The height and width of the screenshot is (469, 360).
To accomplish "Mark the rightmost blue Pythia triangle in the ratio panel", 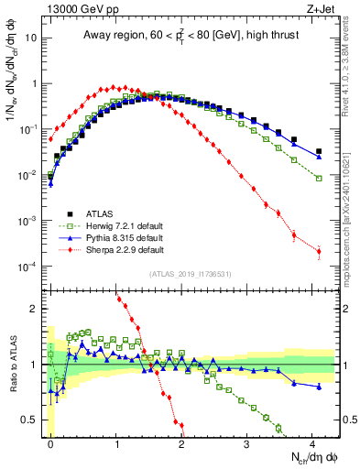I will (x=319, y=387).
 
